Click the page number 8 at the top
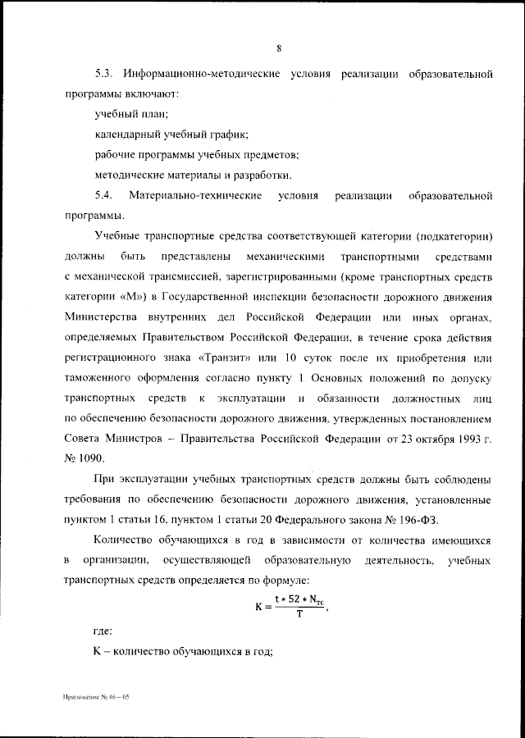click(x=279, y=48)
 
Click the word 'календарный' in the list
click(x=126, y=134)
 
